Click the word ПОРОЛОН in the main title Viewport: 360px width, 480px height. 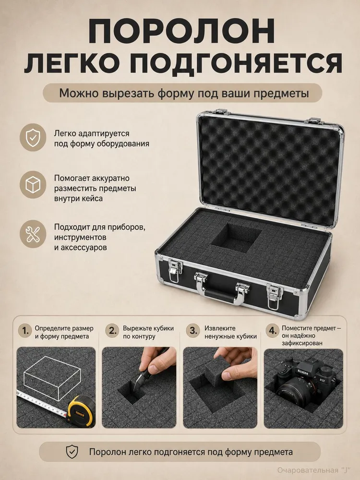181,32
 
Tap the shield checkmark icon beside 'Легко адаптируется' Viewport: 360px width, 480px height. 33,137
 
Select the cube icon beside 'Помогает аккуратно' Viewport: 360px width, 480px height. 33,185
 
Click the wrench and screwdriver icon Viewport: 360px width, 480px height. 33,235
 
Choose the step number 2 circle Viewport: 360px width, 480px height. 113,331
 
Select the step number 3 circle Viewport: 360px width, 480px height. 193,331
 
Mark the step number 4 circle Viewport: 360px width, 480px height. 273,331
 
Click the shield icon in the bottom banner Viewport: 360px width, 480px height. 72,452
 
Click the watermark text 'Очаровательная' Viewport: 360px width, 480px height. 306,470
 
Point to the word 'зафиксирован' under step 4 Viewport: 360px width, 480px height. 302,343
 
